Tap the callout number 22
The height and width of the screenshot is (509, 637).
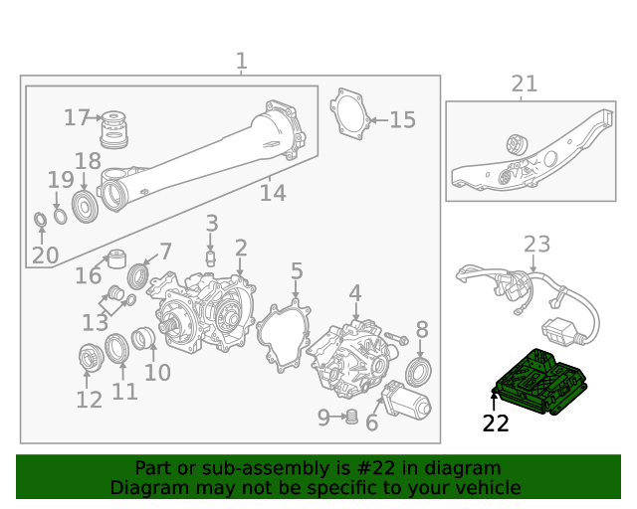(x=496, y=424)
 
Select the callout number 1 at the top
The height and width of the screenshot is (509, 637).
(x=241, y=62)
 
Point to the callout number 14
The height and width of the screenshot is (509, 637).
(x=273, y=193)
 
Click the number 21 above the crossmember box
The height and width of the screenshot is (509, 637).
(x=524, y=85)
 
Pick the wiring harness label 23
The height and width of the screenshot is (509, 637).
(x=536, y=244)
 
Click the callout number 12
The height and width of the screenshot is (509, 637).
(x=89, y=400)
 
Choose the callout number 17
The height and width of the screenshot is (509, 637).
(x=77, y=118)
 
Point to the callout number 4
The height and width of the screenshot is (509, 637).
(x=355, y=292)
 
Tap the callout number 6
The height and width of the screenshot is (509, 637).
(x=372, y=424)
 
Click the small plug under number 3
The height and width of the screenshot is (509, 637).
(x=211, y=257)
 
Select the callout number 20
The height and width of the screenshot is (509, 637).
(x=45, y=255)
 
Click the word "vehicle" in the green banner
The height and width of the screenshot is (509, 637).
(x=484, y=488)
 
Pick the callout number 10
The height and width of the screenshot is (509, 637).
(x=157, y=373)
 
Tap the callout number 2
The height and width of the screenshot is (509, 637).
(x=241, y=247)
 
